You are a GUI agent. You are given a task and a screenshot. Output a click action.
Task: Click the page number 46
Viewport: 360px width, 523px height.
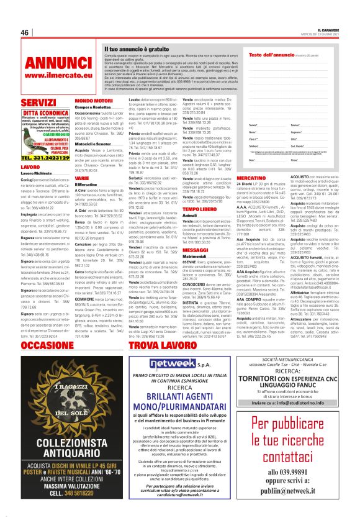(x=25, y=32)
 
